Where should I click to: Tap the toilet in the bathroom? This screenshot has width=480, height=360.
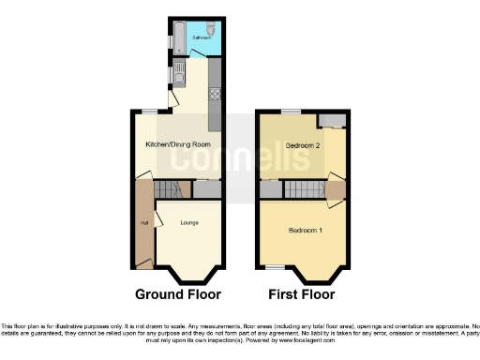coord(211,28)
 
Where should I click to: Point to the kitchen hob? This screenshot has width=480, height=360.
coord(215,93)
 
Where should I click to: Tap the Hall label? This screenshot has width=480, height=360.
coord(144,223)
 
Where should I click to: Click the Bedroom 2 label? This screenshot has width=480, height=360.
coord(303,146)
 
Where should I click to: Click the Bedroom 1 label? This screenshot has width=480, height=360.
coord(305,231)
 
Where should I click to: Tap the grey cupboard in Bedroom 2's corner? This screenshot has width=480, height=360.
coord(331,121)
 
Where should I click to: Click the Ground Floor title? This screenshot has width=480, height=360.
coord(178,293)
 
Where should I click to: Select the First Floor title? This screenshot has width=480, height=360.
coord(302,293)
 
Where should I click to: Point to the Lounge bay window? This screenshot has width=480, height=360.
coord(188,277)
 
